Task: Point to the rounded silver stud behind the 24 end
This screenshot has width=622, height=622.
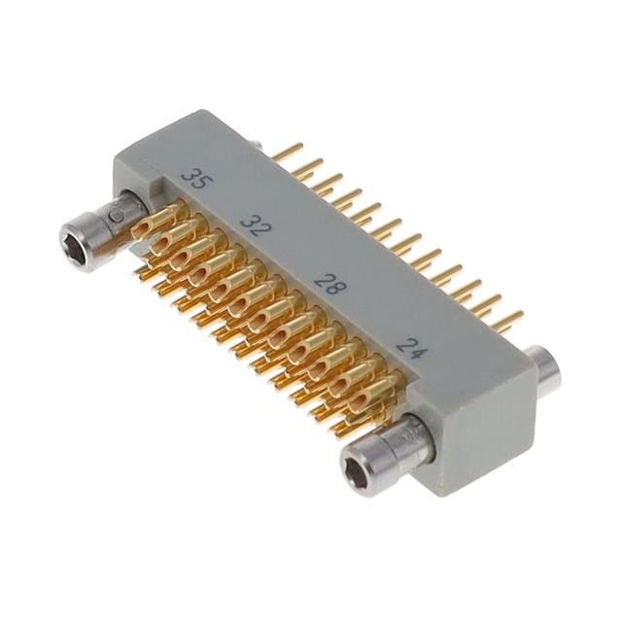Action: click(547, 372)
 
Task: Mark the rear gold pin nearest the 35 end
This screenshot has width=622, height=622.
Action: click(288, 151)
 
